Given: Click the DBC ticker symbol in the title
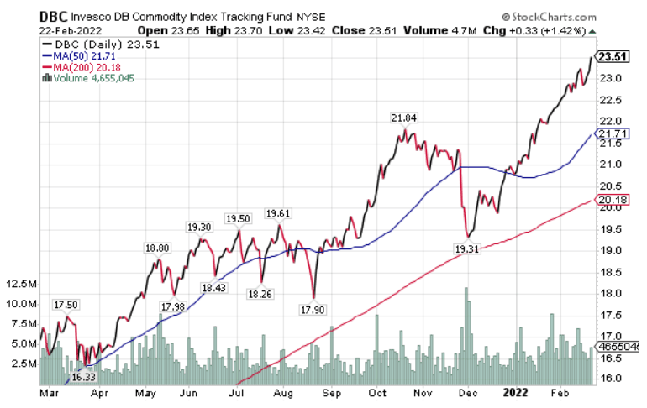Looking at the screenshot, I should [x=24, y=16].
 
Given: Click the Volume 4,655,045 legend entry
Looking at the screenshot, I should [x=87, y=78].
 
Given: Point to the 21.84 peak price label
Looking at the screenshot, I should [x=404, y=118].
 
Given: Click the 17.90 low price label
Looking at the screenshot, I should [x=313, y=310].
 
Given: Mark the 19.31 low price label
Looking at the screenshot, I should [x=466, y=249].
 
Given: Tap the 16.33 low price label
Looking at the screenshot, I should [x=83, y=377].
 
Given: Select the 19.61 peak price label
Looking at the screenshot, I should [x=277, y=213].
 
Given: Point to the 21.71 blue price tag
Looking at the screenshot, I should [x=610, y=134].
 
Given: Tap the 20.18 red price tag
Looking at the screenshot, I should [x=610, y=200].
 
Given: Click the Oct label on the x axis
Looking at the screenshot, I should [x=377, y=391].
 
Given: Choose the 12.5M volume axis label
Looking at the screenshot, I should [x=20, y=284].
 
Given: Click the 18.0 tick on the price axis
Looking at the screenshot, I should [x=611, y=293].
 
